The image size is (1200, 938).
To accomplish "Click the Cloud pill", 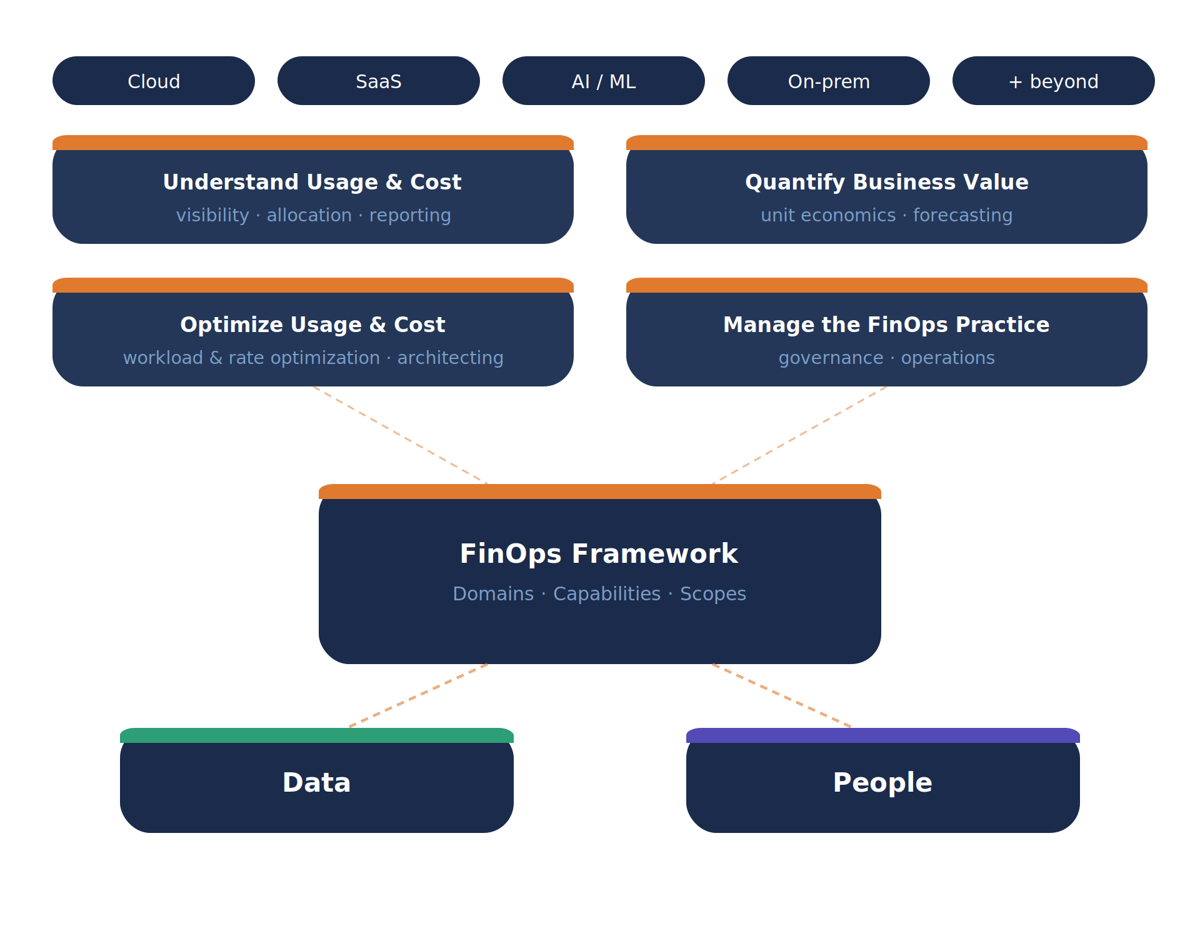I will (x=154, y=81).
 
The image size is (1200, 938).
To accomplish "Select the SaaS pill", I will (x=379, y=81).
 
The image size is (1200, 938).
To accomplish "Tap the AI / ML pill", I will (x=604, y=81).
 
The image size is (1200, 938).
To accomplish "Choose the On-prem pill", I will (x=829, y=81).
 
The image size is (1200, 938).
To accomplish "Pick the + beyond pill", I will (x=1054, y=81).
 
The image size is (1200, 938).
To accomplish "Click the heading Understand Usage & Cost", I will (x=312, y=182).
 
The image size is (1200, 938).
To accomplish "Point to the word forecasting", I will (x=962, y=215).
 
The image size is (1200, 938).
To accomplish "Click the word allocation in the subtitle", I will (x=309, y=215).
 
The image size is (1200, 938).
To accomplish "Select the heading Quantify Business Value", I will (x=886, y=182).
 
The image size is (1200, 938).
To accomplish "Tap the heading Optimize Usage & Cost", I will (x=312, y=325).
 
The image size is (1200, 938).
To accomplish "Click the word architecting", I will (x=450, y=358).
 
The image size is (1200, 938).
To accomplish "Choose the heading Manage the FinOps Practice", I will (x=886, y=325).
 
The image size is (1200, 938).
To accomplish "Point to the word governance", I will (x=831, y=358).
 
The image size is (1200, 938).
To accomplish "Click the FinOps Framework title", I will (x=599, y=554).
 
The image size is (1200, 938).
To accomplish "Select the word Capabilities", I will (x=607, y=593).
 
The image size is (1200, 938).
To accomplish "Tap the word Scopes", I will (x=713, y=593).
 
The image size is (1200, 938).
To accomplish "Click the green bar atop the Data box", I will (x=316, y=735).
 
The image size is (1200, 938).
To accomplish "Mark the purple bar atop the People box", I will (x=882, y=735).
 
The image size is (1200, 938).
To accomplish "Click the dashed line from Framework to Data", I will (x=419, y=695).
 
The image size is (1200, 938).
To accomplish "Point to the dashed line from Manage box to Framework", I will (x=800, y=435).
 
